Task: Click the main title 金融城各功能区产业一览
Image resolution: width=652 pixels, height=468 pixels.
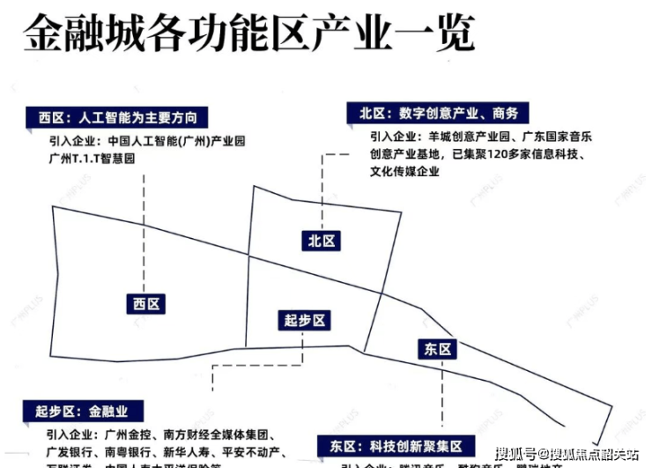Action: click(x=249, y=35)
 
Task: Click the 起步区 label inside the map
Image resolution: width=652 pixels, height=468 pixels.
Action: click(x=306, y=321)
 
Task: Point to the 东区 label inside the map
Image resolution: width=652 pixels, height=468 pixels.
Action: click(x=436, y=349)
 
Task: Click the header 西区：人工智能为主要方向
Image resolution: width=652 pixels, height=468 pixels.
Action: click(x=117, y=117)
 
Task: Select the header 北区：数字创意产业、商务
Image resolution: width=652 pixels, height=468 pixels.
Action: click(x=438, y=113)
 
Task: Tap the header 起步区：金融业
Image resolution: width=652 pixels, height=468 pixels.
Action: click(x=82, y=411)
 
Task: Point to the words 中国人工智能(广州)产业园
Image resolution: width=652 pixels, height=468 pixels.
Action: click(x=176, y=141)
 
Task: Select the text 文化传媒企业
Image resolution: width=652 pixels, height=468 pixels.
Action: click(x=404, y=172)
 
